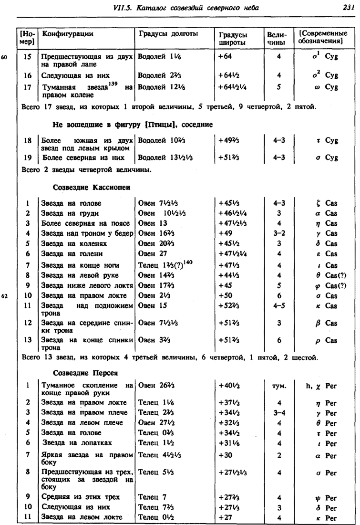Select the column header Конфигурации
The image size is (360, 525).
pyautogui.click(x=68, y=34)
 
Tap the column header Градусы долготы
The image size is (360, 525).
pyautogui.click(x=168, y=34)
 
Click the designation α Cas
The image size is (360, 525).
pyautogui.click(x=324, y=213)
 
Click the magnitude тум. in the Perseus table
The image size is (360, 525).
pyautogui.click(x=278, y=386)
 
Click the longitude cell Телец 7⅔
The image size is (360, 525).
pyautogui.click(x=152, y=506)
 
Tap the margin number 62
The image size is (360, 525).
pyautogui.click(x=6, y=295)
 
